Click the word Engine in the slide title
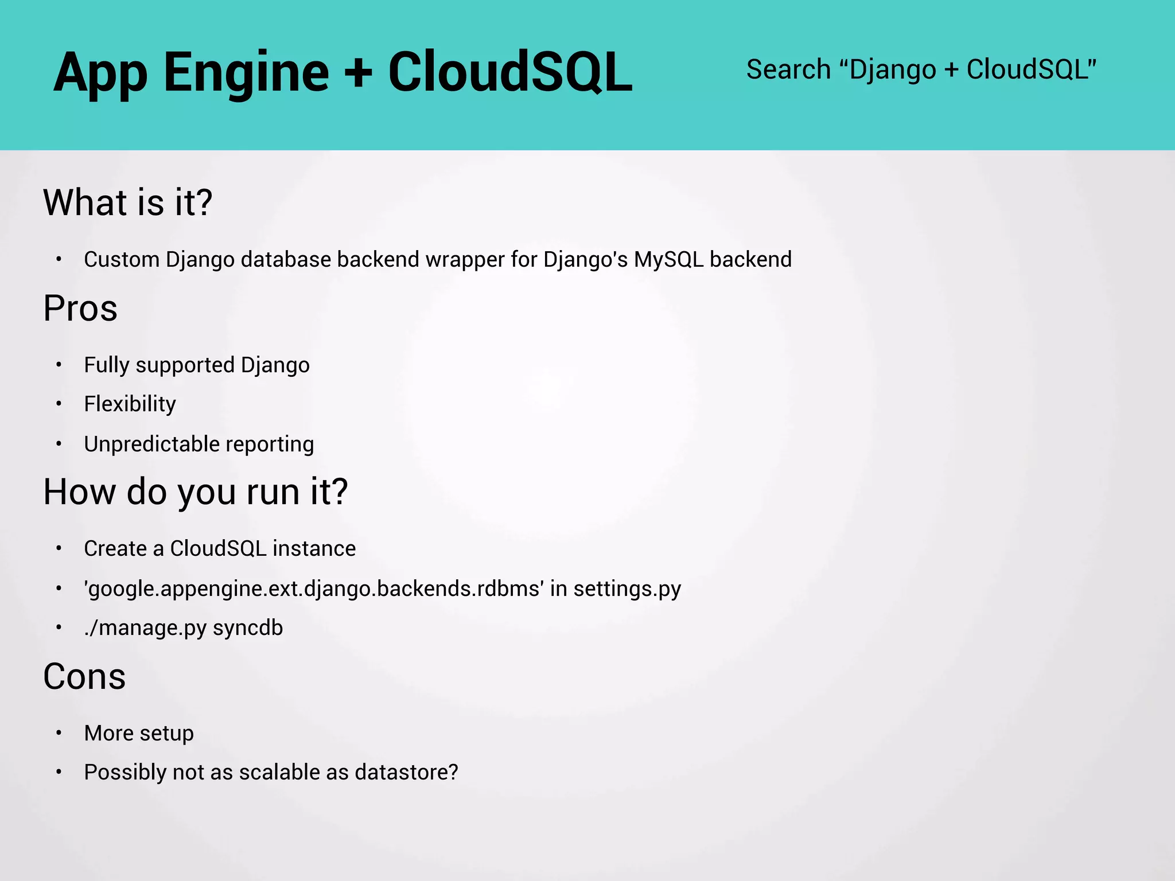tap(246, 73)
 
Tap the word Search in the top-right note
tap(788, 70)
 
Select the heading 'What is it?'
tap(128, 202)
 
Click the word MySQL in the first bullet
tap(668, 260)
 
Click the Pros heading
tap(80, 309)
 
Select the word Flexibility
tap(130, 404)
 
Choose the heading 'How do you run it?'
tap(196, 492)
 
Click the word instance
tap(314, 549)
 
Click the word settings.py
tap(627, 589)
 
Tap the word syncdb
tap(248, 628)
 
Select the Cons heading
tap(84, 677)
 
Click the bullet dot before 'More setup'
tap(59, 733)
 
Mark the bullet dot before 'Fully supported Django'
tap(59, 365)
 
